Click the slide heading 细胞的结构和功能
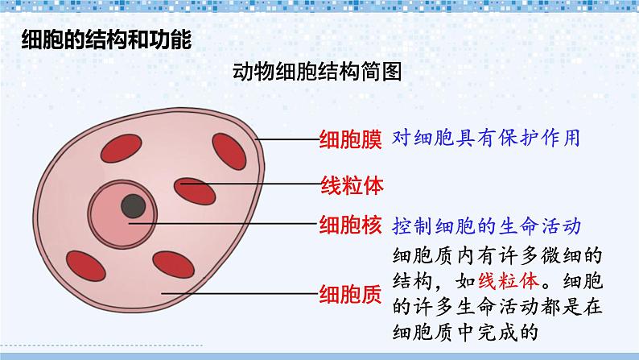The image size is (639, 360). tap(105, 41)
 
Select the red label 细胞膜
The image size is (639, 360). tap(349, 139)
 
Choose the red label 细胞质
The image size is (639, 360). tap(349, 293)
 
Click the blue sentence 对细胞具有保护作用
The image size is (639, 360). tap(487, 138)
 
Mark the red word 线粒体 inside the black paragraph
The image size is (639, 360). tap(507, 282)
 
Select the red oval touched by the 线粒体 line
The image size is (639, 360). tap(196, 189)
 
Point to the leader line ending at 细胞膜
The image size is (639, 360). tap(286, 139)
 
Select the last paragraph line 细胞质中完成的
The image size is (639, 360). tap(464, 330)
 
